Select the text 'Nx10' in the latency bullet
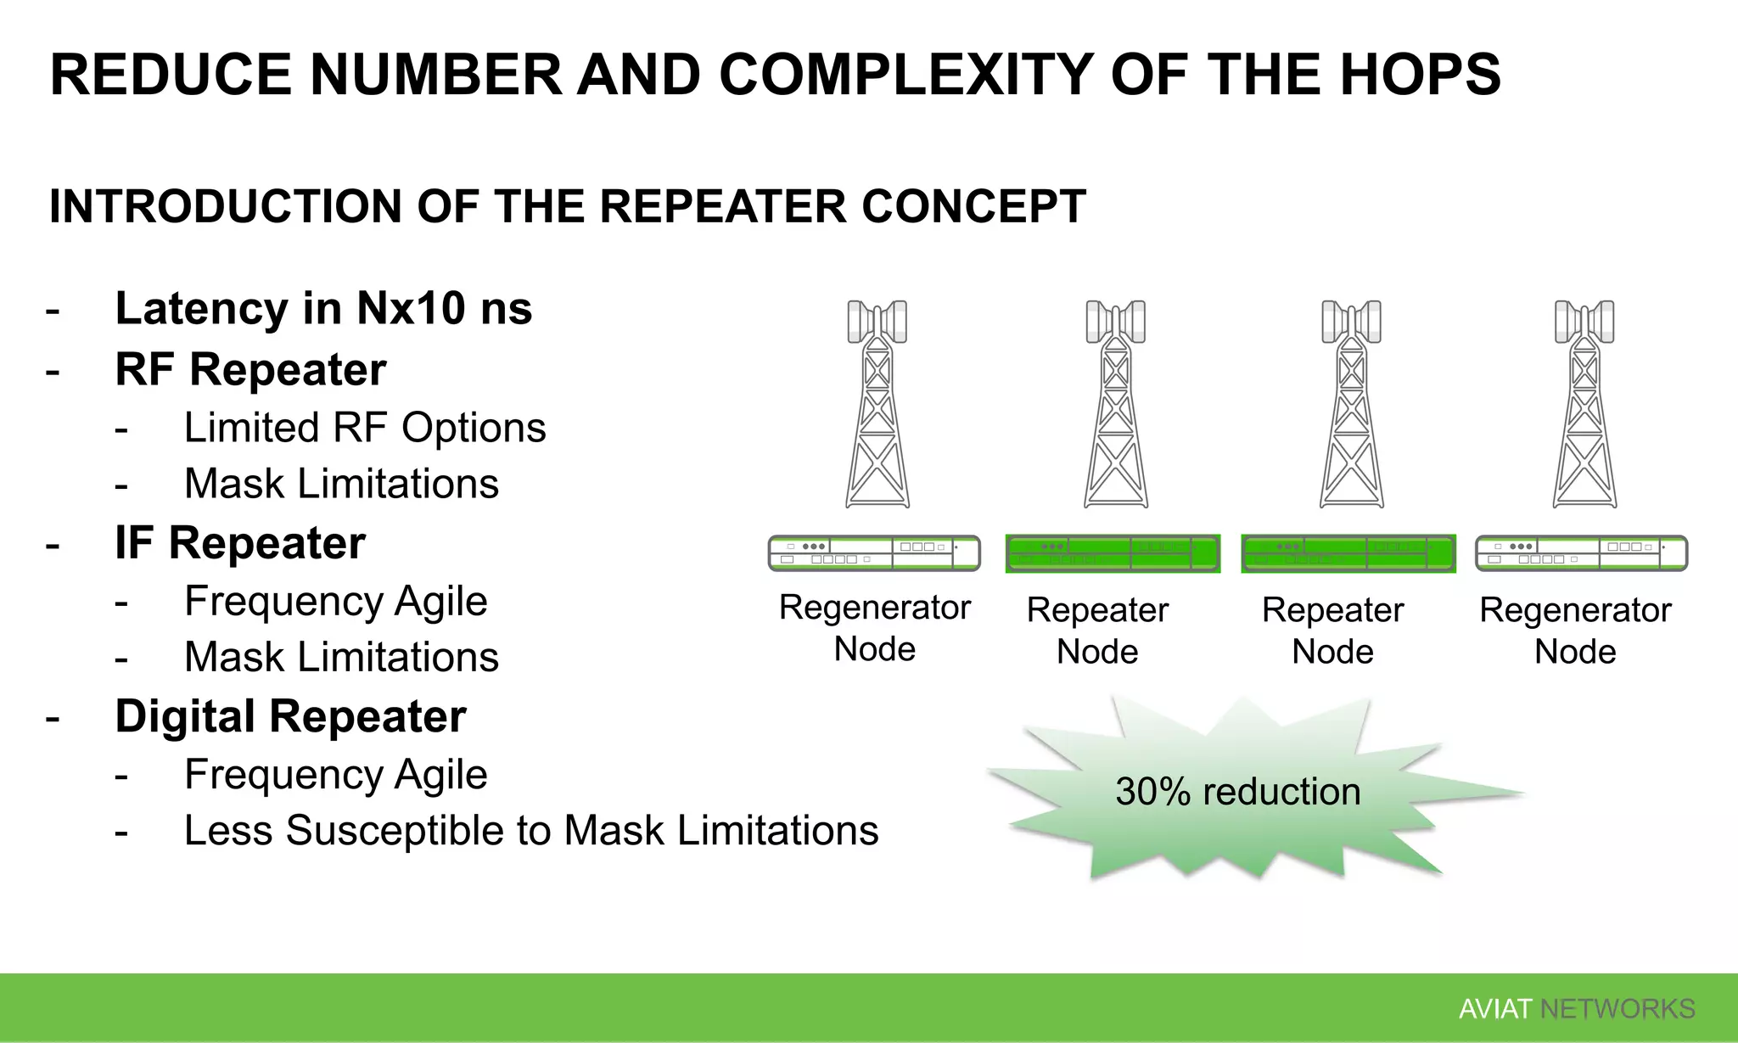pyautogui.click(x=411, y=308)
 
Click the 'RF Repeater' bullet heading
pyautogui.click(x=250, y=370)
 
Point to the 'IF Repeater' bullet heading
pyautogui.click(x=240, y=543)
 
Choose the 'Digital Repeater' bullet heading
pyautogui.click(x=290, y=716)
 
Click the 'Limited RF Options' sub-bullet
pyautogui.click(x=365, y=428)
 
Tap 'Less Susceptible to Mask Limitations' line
pyautogui.click(x=531, y=830)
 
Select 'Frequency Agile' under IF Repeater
pyautogui.click(x=336, y=602)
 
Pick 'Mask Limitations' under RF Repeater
pyautogui.click(x=341, y=484)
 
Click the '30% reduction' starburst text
pyautogui.click(x=1237, y=792)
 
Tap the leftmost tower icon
pyautogui.click(x=877, y=405)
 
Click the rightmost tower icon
pyautogui.click(x=1584, y=405)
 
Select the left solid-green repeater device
pyautogui.click(x=1113, y=553)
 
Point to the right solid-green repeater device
pyautogui.click(x=1348, y=553)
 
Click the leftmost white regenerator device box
pyautogui.click(x=874, y=553)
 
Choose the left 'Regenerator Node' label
pyautogui.click(x=874, y=628)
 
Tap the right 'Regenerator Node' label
pyautogui.click(x=1575, y=631)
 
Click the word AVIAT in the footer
pyautogui.click(x=1494, y=1009)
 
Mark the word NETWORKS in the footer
pyautogui.click(x=1617, y=1009)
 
